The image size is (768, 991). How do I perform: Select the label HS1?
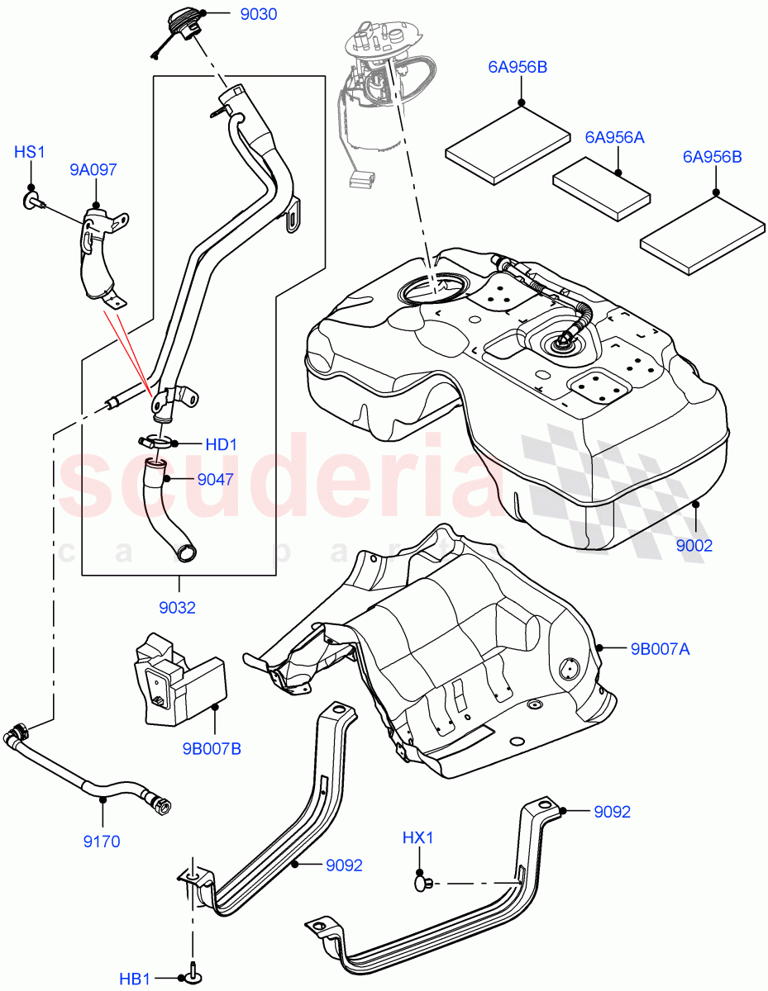click(x=31, y=152)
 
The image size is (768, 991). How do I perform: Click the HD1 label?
click(x=221, y=444)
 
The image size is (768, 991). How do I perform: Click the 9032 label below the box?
click(x=178, y=608)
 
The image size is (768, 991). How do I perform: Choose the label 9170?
click(x=103, y=842)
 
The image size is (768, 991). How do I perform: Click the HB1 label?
click(x=135, y=979)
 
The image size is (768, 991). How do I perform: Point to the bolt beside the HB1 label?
click(x=192, y=977)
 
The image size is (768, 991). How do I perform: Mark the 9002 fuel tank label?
click(x=694, y=545)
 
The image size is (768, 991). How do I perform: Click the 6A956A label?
click(x=614, y=137)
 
